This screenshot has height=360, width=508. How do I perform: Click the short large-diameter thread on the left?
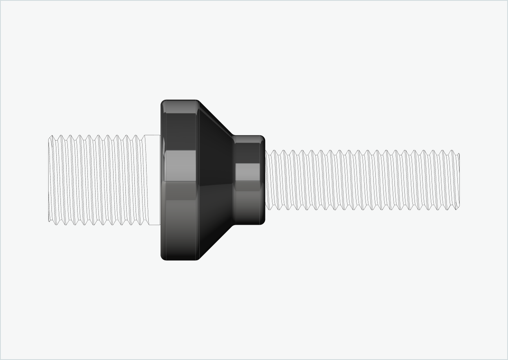(x=96, y=180)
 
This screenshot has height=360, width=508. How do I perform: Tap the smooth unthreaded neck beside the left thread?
(x=153, y=180)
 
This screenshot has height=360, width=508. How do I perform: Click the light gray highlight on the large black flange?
(x=180, y=165)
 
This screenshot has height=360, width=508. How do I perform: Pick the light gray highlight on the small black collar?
(x=248, y=172)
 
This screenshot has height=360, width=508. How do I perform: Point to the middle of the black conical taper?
(x=215, y=180)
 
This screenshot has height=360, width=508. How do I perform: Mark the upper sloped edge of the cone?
(x=216, y=118)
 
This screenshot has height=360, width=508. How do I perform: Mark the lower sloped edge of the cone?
(x=216, y=242)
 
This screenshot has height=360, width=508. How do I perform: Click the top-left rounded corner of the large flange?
(x=163, y=102)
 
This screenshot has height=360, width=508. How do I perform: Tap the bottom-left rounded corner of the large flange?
(x=163, y=257)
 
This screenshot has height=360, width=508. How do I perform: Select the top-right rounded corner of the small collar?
(x=263, y=138)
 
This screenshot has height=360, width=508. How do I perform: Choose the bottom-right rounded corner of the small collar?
(x=263, y=222)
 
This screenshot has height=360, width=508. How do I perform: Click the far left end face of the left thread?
(x=49, y=180)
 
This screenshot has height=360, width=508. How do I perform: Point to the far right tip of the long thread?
(x=459, y=180)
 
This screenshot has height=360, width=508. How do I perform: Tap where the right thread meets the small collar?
(x=266, y=180)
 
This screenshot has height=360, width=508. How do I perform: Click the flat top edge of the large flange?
(x=180, y=100)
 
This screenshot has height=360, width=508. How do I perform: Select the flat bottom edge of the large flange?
(x=180, y=259)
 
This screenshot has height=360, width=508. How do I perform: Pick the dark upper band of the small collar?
(x=248, y=152)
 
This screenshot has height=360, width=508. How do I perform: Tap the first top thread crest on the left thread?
(x=52, y=136)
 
